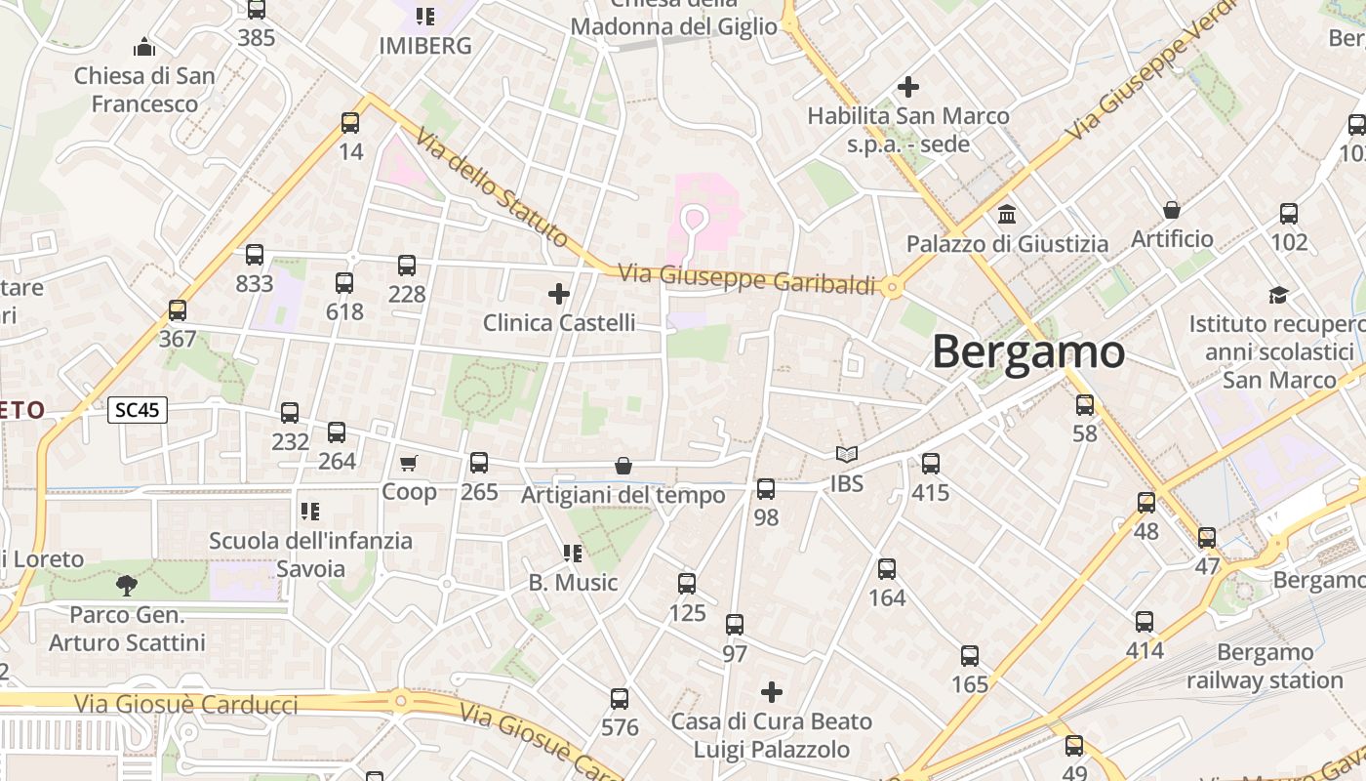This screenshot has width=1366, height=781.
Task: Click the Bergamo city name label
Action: [x=1028, y=351]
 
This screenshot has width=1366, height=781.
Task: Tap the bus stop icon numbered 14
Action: [x=350, y=123]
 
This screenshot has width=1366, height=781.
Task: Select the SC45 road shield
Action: [x=138, y=411]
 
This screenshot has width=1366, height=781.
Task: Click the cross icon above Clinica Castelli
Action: [x=559, y=294]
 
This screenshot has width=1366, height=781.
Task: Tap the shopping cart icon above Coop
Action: [x=409, y=463]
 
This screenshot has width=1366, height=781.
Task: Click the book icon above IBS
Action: [x=847, y=455]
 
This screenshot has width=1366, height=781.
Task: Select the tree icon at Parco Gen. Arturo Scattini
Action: [x=126, y=586]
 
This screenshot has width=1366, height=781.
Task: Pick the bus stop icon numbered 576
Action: [x=620, y=699]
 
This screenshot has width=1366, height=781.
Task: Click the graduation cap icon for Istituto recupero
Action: [x=1278, y=295]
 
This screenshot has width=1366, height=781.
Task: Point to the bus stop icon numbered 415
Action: [x=931, y=464]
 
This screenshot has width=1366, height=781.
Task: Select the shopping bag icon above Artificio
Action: [x=1172, y=210]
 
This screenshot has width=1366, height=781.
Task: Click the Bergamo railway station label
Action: [x=1266, y=666]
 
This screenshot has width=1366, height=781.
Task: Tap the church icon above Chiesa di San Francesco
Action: [x=144, y=47]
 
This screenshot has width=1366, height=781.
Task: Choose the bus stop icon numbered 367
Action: [x=178, y=310]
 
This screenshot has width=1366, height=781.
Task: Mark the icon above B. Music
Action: [x=573, y=554]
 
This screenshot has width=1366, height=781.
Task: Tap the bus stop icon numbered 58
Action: [x=1085, y=405]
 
